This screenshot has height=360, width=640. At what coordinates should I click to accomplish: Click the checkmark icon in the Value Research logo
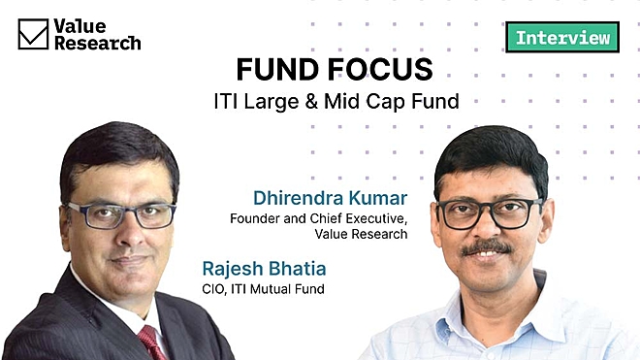(33, 34)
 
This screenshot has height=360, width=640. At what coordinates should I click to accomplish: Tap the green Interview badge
(562, 38)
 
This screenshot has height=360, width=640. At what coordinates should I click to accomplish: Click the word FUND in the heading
(274, 71)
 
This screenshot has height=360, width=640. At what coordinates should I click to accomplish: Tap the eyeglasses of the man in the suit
(121, 214)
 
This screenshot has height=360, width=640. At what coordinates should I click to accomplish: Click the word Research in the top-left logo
(98, 43)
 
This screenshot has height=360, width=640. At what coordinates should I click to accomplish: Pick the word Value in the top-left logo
(80, 25)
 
